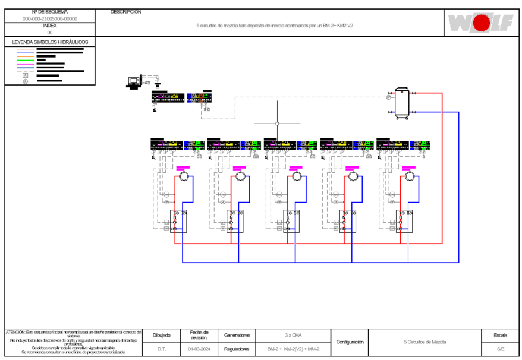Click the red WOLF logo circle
(482, 23)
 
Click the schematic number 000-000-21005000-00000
(50, 18)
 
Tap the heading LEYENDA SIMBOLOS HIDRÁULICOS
(50, 42)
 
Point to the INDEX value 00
(50, 33)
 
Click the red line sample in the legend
(26, 49)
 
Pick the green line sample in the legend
(26, 60)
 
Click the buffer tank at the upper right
(402, 102)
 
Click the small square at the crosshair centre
(277, 124)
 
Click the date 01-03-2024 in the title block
(199, 349)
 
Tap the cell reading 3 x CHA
(293, 335)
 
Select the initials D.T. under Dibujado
(162, 349)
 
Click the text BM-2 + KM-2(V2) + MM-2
(293, 349)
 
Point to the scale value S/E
(501, 349)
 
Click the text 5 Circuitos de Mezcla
(425, 342)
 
